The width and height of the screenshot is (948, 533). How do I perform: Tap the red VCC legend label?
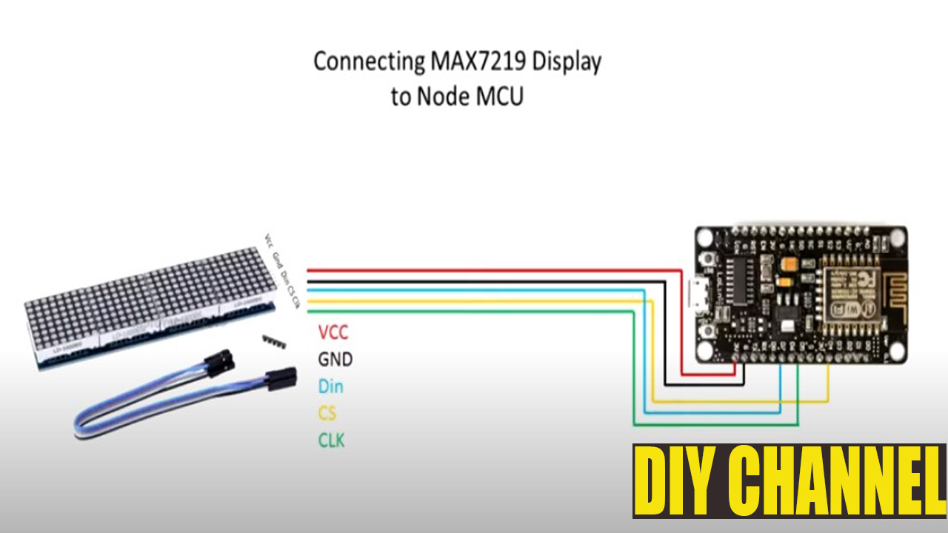[x=333, y=332]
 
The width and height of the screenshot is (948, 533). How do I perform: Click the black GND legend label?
[x=335, y=360]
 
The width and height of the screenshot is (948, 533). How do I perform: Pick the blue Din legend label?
[x=330, y=386]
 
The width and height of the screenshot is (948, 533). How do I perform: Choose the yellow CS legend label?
[x=327, y=413]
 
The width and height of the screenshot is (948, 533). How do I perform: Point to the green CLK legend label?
[x=331, y=440]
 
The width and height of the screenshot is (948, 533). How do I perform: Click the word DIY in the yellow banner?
[x=673, y=481]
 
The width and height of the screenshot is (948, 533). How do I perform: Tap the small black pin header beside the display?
[x=274, y=341]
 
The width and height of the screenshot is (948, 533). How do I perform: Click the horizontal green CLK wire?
[x=474, y=312]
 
